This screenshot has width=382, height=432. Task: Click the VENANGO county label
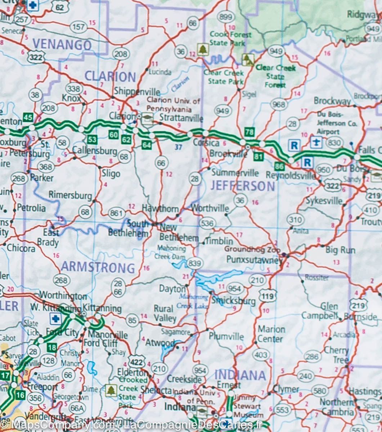[62, 45]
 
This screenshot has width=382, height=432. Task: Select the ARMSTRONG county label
[98, 267]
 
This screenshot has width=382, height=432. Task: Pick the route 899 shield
[226, 17]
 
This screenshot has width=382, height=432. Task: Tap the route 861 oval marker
[117, 213]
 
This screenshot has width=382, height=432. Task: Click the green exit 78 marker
[250, 132]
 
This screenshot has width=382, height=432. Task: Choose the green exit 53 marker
[92, 139]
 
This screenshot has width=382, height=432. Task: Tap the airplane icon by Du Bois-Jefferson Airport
[316, 142]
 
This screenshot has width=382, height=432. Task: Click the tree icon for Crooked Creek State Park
[111, 390]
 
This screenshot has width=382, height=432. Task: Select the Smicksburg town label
[233, 301]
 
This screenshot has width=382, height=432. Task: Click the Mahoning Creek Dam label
[171, 252]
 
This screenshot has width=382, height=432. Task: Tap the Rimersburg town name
[70, 195]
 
